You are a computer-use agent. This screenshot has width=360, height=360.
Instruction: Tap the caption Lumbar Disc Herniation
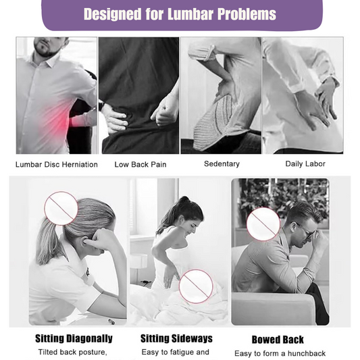(57, 164)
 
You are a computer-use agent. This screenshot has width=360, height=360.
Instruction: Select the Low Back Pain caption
(140, 164)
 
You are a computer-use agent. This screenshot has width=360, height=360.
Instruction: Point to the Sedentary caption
(222, 163)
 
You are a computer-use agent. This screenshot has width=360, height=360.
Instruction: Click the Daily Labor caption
(305, 163)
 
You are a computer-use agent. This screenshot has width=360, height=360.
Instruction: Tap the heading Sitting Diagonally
(74, 338)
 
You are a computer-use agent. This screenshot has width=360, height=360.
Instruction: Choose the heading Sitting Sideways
(176, 338)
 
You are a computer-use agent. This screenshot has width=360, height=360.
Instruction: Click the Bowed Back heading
(278, 340)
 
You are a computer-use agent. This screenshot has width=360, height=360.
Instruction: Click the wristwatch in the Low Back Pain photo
(101, 106)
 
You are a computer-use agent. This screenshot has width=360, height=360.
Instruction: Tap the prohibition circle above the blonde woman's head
(61, 208)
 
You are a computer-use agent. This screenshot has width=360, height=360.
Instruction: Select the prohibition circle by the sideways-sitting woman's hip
(196, 286)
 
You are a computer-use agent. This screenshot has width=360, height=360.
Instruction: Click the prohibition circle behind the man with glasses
(263, 224)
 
